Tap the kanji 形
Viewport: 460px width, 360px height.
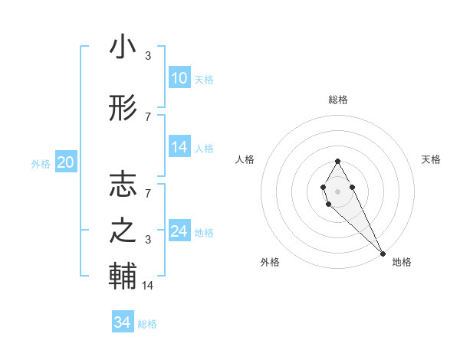123,110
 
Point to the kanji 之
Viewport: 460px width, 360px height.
123,231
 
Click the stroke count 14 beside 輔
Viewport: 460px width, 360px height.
148,286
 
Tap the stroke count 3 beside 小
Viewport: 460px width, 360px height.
148,55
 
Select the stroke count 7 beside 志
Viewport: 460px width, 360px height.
148,186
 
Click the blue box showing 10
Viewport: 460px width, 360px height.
179,78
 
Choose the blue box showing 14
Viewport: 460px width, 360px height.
179,147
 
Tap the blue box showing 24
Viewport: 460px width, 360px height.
179,231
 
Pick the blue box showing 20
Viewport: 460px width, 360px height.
66,162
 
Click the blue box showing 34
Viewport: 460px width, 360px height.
123,322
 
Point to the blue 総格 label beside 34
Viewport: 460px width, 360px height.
147,324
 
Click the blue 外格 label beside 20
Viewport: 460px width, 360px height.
41,163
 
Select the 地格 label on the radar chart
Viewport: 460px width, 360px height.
402,262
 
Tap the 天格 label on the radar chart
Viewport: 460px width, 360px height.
431,159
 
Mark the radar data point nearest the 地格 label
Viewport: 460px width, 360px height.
383,254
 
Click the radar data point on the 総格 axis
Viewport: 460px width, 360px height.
337,161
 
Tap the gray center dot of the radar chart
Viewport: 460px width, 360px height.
337,191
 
